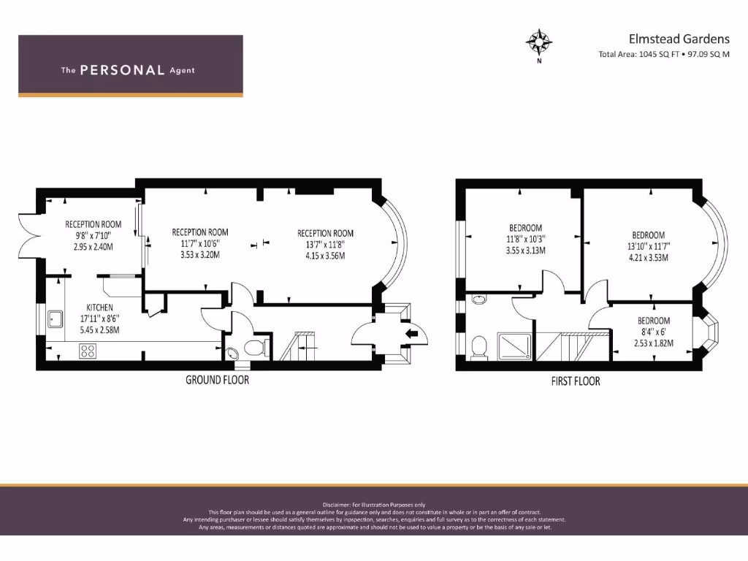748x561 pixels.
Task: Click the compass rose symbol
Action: click(x=539, y=42)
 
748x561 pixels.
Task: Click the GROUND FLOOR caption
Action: click(x=217, y=380)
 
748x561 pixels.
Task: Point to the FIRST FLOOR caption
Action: click(x=576, y=381)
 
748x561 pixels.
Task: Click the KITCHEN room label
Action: click(x=100, y=308)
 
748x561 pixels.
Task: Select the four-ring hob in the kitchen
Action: click(x=87, y=351)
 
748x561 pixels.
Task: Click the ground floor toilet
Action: click(x=253, y=347)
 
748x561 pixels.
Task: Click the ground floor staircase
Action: click(x=297, y=346)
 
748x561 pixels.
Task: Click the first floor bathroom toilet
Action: click(x=480, y=347)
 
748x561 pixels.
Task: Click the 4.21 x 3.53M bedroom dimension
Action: click(x=649, y=257)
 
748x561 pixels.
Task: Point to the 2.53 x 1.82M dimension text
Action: click(x=653, y=342)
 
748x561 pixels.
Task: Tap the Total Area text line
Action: click(x=663, y=54)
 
